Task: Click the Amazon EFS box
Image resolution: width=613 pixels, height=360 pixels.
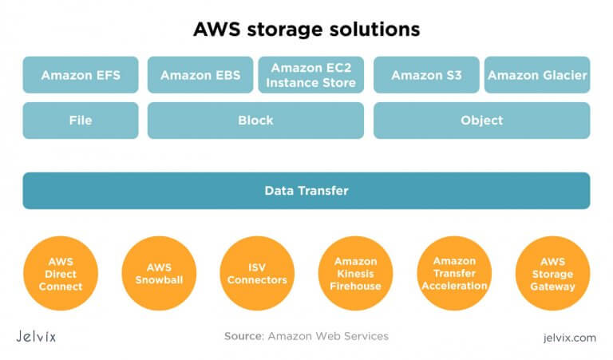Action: pos(80,75)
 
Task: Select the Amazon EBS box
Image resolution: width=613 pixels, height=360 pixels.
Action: pos(200,75)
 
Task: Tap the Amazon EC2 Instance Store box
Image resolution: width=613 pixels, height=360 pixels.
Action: pos(311,75)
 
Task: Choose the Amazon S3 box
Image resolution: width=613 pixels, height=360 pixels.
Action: pos(426,75)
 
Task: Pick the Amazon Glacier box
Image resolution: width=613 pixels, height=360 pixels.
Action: pos(537,75)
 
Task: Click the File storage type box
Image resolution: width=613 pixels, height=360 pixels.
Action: pos(80,121)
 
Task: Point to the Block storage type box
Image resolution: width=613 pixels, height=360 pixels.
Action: pos(255,121)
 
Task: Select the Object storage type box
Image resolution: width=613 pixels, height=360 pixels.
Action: pos(481,121)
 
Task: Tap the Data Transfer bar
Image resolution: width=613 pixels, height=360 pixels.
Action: pos(306,191)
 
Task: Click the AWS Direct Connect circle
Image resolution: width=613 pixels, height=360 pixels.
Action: pos(60,273)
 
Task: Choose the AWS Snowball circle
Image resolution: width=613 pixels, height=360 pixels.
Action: pos(158,273)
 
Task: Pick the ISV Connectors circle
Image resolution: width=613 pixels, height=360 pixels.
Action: pos(256,273)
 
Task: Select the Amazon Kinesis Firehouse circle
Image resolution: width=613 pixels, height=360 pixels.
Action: pos(355,273)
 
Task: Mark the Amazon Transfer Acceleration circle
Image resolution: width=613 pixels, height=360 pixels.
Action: pos(454,273)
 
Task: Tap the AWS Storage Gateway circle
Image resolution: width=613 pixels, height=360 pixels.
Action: pos(552,273)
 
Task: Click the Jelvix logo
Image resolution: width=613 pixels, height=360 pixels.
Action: pos(36,336)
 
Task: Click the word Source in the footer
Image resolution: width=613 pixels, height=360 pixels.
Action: pos(243,337)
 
